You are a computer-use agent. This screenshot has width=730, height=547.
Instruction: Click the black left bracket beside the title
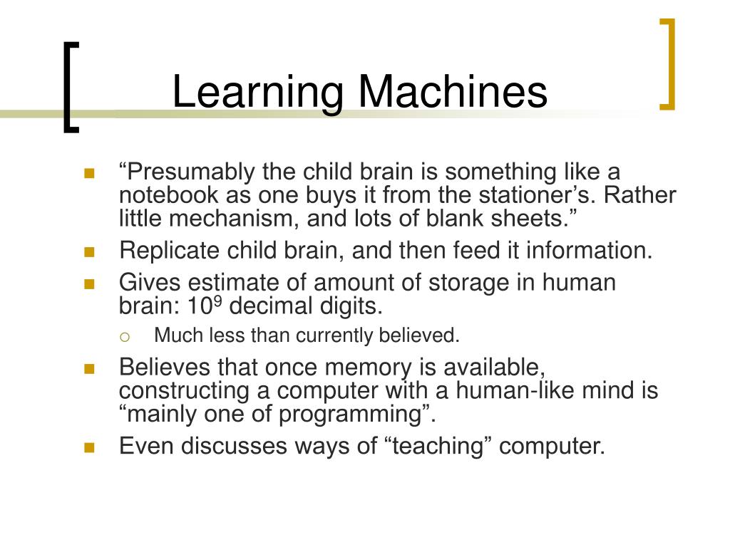pos(70,87)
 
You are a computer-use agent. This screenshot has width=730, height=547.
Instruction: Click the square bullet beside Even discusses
pos(89,447)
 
